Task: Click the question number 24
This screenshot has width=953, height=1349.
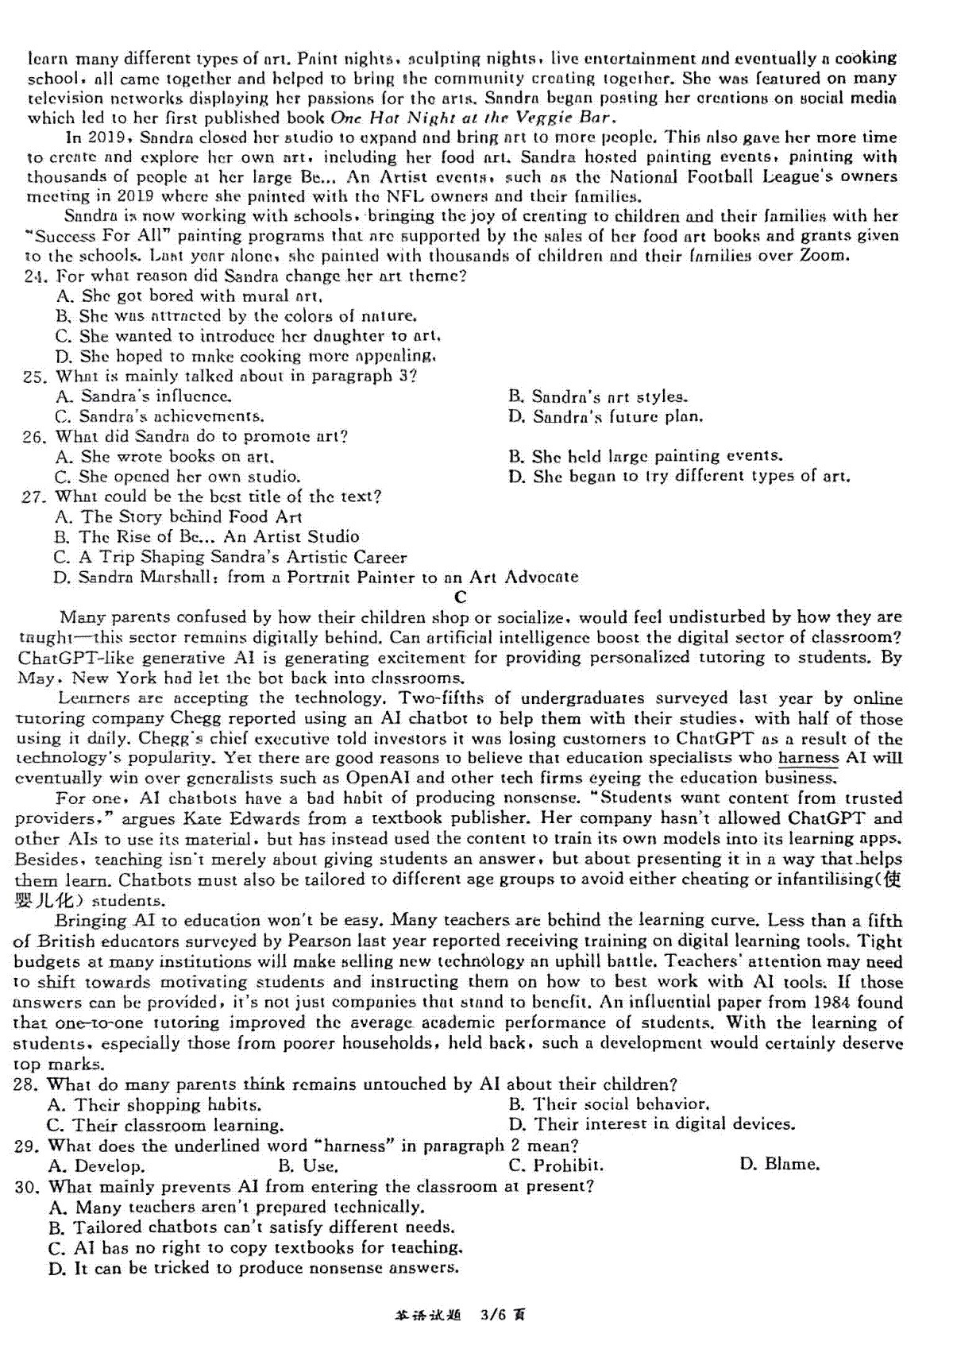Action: click(x=37, y=276)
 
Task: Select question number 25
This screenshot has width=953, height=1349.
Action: click(x=35, y=377)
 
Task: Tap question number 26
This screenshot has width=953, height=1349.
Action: click(x=35, y=437)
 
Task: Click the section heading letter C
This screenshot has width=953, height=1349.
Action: click(x=461, y=597)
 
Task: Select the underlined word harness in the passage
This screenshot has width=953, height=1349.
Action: click(x=808, y=758)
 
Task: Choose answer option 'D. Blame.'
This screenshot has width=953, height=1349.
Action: click(x=779, y=1165)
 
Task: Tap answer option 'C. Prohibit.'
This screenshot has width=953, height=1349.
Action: click(x=556, y=1165)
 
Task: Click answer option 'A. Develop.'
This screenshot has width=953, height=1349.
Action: click(x=96, y=1166)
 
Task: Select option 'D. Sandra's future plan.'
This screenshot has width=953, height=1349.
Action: click(x=605, y=416)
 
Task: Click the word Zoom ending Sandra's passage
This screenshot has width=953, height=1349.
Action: click(x=827, y=256)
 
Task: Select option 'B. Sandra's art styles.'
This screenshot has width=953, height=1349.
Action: click(x=598, y=396)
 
